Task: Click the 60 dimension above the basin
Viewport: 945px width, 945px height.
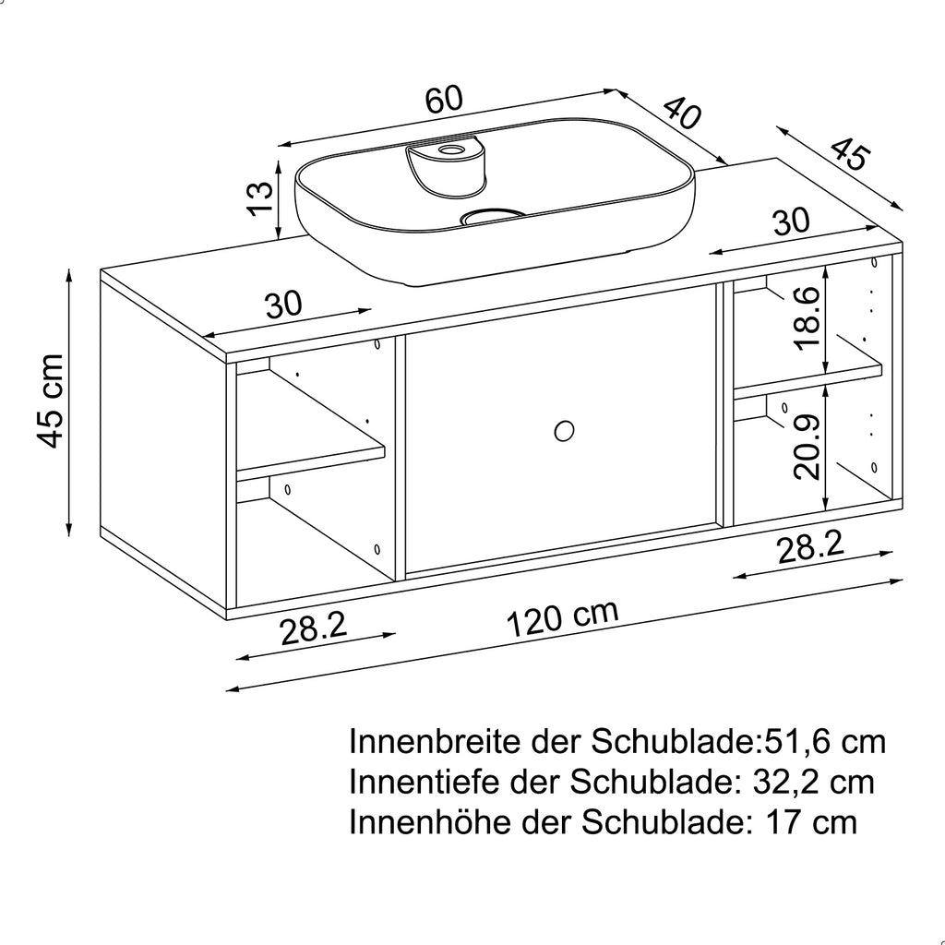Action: pos(443,100)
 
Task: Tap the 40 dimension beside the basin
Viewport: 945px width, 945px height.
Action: pos(682,114)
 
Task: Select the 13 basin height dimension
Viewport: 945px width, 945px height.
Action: pos(261,197)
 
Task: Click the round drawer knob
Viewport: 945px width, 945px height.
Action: pos(564,430)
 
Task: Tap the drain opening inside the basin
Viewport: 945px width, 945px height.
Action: pos(491,217)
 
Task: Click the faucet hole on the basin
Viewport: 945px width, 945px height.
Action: pos(451,149)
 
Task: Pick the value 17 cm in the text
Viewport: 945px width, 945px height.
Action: pos(811,821)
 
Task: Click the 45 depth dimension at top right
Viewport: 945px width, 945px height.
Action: pos(847,154)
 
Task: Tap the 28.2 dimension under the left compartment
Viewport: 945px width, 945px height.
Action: pos(313,630)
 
